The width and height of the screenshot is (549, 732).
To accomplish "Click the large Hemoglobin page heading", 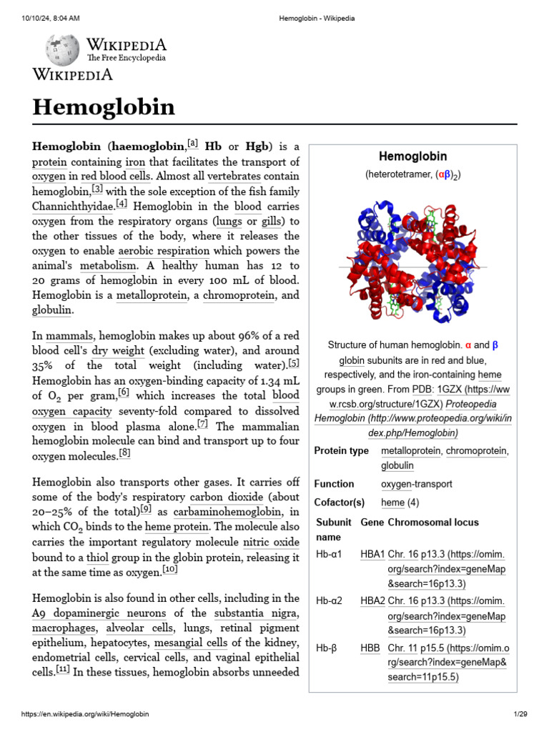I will point(104,107).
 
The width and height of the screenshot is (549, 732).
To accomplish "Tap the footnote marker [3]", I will point(98,189).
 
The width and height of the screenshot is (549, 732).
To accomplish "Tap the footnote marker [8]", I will point(125,453).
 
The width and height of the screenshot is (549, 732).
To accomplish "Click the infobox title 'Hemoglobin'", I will point(412,156).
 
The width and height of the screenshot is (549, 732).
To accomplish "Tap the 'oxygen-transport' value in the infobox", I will point(417,484).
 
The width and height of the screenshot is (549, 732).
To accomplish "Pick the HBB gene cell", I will point(370,648).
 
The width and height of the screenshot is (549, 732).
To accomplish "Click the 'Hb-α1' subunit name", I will point(330,554).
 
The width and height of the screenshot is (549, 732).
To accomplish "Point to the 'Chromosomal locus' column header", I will point(433,522).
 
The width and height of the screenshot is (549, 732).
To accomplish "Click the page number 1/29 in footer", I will point(520,714).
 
